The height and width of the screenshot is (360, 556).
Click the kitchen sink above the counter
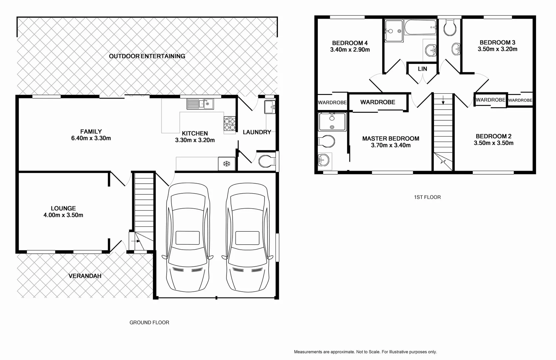point(200,104)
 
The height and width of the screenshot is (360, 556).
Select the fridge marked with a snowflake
point(227,164)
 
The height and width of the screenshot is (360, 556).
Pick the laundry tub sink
point(270,107)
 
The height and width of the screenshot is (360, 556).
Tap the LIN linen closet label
point(422,69)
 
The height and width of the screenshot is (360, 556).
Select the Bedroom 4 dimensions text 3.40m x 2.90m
point(350,50)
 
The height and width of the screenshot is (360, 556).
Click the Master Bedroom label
point(390,138)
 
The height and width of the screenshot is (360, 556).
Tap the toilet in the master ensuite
point(326,141)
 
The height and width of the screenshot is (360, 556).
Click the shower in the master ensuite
point(332,122)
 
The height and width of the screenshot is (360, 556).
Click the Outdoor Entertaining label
point(147,56)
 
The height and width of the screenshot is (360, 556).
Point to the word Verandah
point(85,276)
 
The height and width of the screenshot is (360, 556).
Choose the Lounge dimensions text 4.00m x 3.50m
point(63,215)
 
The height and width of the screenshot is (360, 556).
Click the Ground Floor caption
point(149,322)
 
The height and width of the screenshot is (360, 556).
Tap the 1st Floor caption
point(427,197)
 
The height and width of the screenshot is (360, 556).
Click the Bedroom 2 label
point(493,136)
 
